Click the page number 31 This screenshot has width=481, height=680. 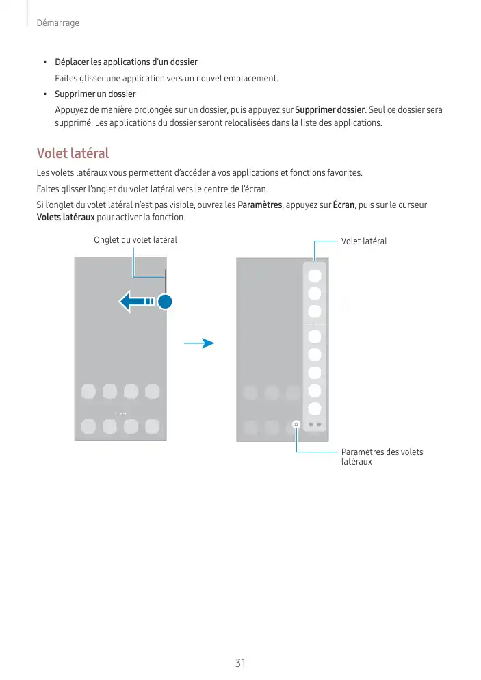(x=240, y=663)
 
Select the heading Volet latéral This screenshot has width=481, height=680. (x=73, y=153)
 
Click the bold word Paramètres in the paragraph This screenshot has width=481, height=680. (x=259, y=205)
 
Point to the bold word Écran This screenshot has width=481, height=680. (x=344, y=205)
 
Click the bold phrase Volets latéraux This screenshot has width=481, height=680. (x=66, y=218)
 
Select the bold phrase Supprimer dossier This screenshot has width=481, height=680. (x=330, y=110)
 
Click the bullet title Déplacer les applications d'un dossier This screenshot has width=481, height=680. (x=126, y=62)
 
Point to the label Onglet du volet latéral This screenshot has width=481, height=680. (x=135, y=239)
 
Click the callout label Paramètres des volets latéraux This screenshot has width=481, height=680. (x=382, y=456)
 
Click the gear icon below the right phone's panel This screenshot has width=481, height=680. (x=296, y=424)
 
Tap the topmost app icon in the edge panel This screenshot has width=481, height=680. (x=315, y=276)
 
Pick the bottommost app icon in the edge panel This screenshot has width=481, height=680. (x=315, y=409)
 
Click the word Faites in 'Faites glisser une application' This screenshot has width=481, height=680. (x=67, y=78)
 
